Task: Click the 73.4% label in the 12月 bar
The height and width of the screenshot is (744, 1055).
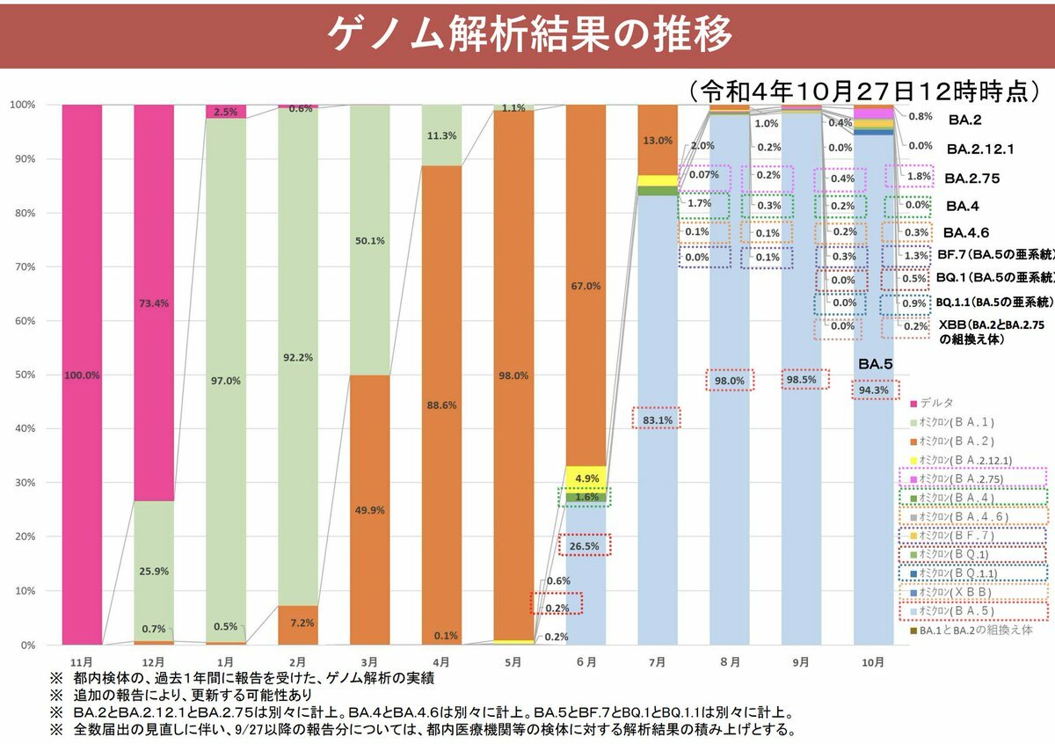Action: point(153,303)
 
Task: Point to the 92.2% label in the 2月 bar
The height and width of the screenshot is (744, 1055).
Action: point(297,382)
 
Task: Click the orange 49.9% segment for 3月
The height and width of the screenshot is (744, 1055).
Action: point(369,510)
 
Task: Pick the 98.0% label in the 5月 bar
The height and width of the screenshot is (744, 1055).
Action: point(513,376)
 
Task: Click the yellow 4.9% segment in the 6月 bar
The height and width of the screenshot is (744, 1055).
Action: point(586,478)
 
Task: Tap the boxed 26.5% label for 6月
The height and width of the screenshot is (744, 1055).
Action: point(586,546)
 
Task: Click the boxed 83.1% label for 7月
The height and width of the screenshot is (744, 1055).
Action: point(658,420)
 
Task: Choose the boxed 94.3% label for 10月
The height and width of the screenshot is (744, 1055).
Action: point(874,390)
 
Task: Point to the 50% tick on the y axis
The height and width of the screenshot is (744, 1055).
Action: point(22,375)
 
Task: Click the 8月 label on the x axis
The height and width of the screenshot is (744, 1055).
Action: point(730,660)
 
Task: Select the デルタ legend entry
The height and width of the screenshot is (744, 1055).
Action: point(936,404)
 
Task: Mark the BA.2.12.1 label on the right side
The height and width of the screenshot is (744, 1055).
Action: point(980,149)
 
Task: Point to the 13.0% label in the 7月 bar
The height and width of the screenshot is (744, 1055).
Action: point(658,141)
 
